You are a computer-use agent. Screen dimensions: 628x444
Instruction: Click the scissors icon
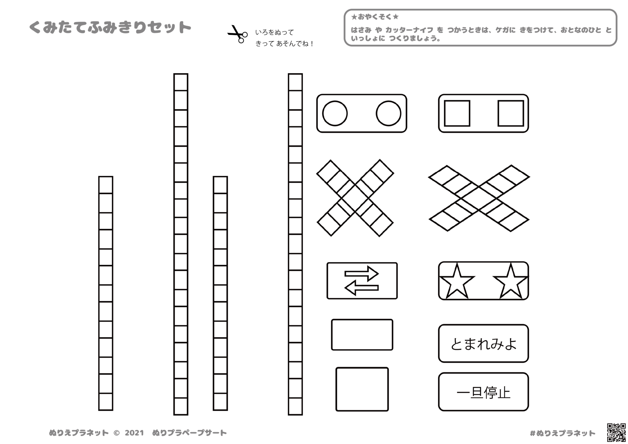click(237, 34)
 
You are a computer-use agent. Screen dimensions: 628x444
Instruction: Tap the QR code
click(616, 432)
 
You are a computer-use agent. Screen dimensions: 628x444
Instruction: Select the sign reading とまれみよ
click(483, 343)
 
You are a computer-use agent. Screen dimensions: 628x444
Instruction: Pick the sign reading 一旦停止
click(483, 392)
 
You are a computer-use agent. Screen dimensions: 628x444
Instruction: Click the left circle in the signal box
click(335, 113)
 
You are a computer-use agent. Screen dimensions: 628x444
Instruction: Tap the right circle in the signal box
click(389, 113)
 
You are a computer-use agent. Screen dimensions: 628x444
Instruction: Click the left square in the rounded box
click(457, 113)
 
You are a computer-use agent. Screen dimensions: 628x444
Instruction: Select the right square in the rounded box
click(511, 113)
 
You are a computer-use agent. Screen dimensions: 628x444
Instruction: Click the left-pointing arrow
click(362, 288)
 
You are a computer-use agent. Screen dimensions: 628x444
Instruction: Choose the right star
click(511, 281)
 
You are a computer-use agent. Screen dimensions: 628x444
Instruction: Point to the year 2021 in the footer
click(134, 433)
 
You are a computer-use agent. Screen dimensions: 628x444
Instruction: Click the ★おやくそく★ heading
click(375, 17)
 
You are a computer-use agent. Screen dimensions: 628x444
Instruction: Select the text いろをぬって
click(274, 32)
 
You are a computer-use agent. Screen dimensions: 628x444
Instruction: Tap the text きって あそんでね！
click(285, 44)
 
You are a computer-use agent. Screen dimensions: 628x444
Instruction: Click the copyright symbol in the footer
click(117, 433)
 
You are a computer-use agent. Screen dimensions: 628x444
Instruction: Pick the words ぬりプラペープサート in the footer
click(190, 433)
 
